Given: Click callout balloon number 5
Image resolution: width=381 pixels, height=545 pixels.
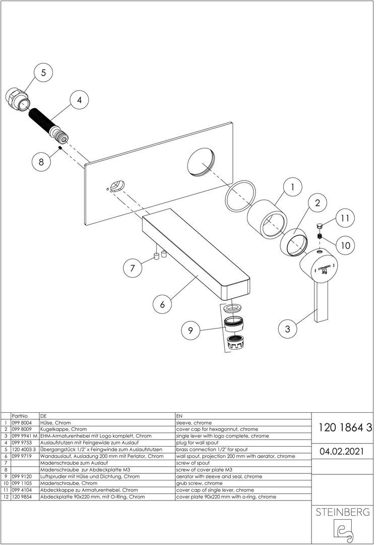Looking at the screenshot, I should pos(43,73).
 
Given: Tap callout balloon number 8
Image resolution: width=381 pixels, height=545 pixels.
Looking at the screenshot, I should pos(41,162).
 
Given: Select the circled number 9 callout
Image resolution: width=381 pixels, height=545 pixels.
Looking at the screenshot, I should pos(190,331).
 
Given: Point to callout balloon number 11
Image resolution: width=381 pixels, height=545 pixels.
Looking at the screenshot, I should pos(344,219).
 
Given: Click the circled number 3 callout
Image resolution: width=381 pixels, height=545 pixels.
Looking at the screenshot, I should pos(287,329).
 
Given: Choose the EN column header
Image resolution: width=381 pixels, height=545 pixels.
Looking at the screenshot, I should pos(179,415).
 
